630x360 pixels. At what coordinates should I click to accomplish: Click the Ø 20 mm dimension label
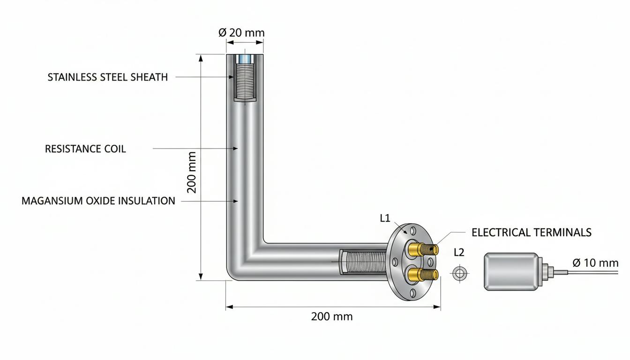(241, 33)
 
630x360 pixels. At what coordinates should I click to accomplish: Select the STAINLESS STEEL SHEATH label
(107, 77)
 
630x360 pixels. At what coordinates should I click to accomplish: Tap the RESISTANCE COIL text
(85, 149)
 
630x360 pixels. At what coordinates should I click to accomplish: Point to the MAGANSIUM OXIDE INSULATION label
(98, 201)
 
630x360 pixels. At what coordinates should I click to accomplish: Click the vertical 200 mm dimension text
(192, 172)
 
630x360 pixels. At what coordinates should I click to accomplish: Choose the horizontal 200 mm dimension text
(332, 317)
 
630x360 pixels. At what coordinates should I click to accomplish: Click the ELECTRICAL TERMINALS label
(532, 232)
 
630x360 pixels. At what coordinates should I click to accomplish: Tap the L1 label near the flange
(385, 218)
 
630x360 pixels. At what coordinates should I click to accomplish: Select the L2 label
(459, 253)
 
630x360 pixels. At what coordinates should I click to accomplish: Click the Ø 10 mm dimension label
(595, 263)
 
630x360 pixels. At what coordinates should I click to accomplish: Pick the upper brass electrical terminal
(423, 249)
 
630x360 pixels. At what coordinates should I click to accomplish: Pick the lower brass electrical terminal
(423, 274)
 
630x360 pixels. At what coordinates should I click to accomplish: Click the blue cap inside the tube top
(245, 59)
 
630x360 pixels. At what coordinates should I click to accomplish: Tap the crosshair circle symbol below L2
(459, 273)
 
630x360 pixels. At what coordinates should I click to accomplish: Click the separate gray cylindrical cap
(512, 272)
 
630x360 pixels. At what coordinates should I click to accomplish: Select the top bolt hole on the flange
(413, 231)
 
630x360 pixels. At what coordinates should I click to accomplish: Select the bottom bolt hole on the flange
(413, 293)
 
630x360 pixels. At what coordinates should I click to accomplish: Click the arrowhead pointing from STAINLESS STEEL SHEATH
(232, 77)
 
